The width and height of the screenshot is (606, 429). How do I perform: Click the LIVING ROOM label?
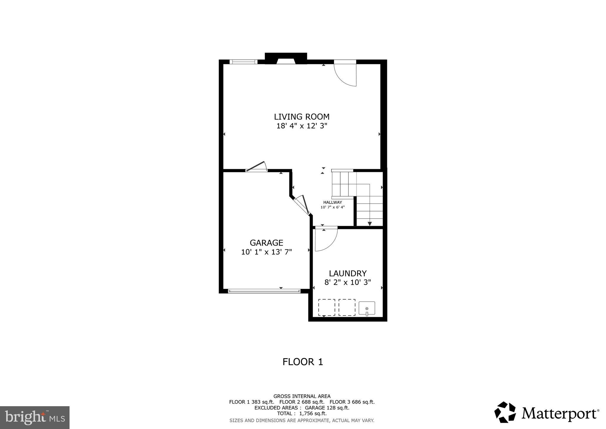point(302,117)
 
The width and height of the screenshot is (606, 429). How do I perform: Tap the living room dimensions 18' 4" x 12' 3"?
point(302,126)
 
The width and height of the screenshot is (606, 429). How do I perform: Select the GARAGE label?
point(266,243)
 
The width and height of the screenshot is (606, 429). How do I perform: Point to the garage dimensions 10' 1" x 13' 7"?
point(266,252)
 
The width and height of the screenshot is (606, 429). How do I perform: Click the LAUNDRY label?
point(348,273)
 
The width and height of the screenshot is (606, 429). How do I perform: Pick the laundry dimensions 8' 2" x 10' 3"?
point(348,282)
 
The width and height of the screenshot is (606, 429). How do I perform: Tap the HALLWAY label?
point(332,202)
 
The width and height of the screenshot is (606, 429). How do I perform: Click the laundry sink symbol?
point(367,308)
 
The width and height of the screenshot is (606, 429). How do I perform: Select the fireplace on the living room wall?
point(286,59)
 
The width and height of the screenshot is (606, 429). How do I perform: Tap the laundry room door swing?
point(325,239)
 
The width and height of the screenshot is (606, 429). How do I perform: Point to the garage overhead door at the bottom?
point(264,291)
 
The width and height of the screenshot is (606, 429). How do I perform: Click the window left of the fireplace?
point(243,62)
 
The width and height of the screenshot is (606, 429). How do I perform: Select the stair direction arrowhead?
point(370,224)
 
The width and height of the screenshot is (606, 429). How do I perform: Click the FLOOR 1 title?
point(303,362)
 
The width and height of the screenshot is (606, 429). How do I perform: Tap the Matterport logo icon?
point(505,412)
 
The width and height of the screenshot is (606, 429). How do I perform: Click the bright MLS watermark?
point(35,418)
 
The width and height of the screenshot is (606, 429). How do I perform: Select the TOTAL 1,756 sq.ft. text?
point(302,414)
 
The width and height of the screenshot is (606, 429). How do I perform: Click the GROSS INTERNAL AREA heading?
point(302,396)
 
